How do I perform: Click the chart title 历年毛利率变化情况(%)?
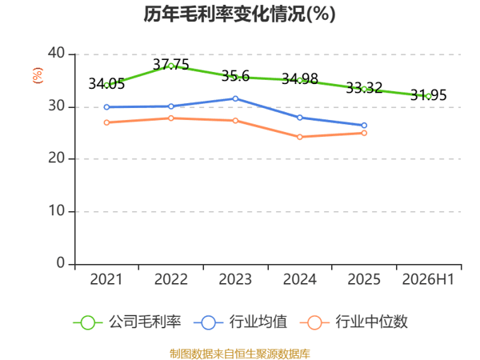(x=240, y=14)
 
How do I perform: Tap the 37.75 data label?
(x=171, y=65)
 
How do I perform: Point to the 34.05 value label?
(x=106, y=83)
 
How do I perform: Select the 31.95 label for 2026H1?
(x=428, y=95)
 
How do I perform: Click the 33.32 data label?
(x=364, y=88)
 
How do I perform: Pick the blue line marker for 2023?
(x=235, y=98)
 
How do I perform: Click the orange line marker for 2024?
(x=300, y=137)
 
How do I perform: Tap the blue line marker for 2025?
(x=364, y=126)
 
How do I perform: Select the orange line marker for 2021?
(x=106, y=122)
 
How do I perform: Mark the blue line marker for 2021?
(x=106, y=107)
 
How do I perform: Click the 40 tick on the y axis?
(x=56, y=53)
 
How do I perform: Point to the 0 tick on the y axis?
(x=61, y=263)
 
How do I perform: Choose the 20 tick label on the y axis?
(x=56, y=158)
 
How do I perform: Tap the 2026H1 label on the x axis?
(x=428, y=279)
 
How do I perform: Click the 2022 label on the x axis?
(x=171, y=279)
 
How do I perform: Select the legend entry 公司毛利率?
(x=127, y=322)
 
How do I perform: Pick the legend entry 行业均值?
(x=241, y=322)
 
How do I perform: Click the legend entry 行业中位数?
(x=354, y=322)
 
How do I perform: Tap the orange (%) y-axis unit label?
(x=38, y=75)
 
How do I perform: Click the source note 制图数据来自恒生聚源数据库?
(x=240, y=354)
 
